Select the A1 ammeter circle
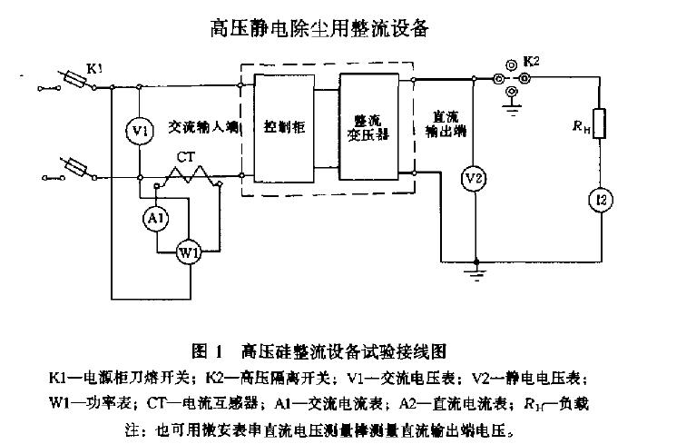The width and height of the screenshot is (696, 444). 156,218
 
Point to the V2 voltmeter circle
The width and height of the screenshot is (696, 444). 472,179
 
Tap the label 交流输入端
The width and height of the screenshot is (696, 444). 202,128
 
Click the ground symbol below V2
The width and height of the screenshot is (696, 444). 472,269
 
